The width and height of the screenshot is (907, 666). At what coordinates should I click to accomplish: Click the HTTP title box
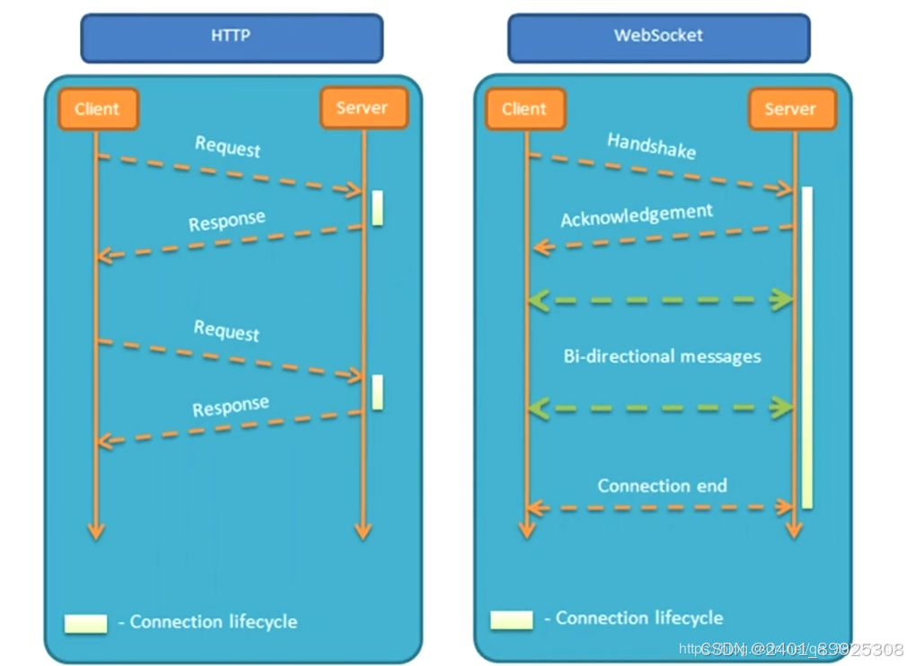pos(232,38)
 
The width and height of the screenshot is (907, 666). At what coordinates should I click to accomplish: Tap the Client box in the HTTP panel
pos(97,110)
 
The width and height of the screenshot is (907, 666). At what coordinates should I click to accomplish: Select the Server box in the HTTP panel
pos(362,109)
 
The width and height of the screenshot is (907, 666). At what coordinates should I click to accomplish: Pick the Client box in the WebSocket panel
pos(524,110)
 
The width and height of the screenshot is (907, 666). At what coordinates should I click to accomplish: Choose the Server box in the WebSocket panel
pos(790,110)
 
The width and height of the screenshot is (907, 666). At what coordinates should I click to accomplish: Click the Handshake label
pos(651,145)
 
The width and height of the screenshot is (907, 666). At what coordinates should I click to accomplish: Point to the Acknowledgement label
pos(637,215)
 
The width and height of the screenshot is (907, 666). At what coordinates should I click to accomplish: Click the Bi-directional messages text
pos(662,356)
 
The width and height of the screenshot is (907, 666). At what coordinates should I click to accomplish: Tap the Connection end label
pos(662,486)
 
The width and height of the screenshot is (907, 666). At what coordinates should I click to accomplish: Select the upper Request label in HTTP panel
pos(227,146)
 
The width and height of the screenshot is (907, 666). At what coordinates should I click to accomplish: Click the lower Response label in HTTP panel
pos(230,407)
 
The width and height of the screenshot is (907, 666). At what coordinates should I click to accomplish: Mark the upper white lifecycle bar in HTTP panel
pos(377,207)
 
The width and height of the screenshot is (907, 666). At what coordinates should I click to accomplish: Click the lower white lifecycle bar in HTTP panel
pos(377,392)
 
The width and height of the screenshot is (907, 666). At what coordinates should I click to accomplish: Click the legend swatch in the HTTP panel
pos(85,623)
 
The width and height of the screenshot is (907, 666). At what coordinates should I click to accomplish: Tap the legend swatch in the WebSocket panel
pos(511,619)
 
